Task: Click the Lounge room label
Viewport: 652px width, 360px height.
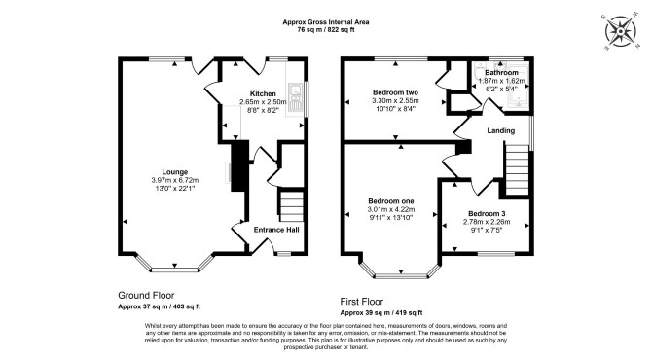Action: click(174, 171)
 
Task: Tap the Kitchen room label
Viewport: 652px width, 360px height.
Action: click(263, 93)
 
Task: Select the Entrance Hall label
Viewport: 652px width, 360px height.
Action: click(276, 230)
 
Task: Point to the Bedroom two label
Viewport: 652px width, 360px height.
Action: click(395, 92)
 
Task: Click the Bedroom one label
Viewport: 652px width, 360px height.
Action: click(391, 201)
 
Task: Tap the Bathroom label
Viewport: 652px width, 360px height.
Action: click(501, 72)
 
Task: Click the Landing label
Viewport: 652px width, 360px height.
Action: click(500, 130)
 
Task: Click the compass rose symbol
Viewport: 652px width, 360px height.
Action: click(621, 32)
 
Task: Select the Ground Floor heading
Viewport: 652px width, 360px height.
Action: click(146, 296)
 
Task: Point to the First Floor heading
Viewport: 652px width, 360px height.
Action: click(362, 302)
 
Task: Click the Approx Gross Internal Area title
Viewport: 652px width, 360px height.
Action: click(326, 22)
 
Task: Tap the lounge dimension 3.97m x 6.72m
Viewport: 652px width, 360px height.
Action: click(175, 180)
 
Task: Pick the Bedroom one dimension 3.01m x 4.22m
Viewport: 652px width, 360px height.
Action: click(391, 209)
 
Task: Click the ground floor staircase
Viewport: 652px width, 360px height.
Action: click(291, 205)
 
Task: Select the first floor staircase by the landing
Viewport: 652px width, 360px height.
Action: click(518, 168)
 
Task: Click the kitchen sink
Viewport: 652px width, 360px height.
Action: click(297, 97)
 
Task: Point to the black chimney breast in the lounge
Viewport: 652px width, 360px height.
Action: click(239, 165)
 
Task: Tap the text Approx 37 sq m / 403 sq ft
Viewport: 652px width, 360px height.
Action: click(159, 306)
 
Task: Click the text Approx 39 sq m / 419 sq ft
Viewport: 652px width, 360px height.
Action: click(381, 312)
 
